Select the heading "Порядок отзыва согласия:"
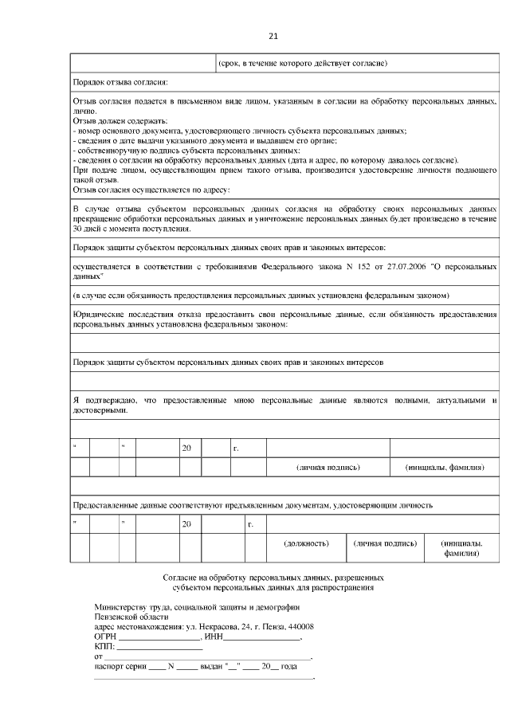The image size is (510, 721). click(120, 82)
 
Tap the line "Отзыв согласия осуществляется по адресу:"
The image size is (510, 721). click(151, 190)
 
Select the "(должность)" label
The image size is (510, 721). click(307, 543)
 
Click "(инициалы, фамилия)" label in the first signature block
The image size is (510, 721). click(445, 467)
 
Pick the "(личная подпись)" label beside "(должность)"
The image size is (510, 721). click(385, 543)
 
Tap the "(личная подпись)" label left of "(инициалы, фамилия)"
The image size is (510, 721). click(328, 467)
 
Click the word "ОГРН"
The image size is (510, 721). click(105, 637)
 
